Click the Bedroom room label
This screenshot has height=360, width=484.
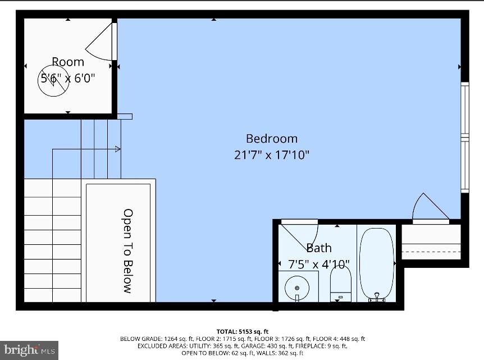click(x=272, y=139)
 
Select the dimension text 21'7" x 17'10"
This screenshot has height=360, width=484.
click(x=272, y=155)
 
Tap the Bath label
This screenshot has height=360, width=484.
click(x=318, y=248)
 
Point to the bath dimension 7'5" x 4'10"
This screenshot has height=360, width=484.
click(x=318, y=264)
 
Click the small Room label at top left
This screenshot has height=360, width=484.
click(x=68, y=62)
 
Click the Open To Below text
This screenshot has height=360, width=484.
click(x=128, y=251)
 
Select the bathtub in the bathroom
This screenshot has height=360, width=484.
click(x=377, y=264)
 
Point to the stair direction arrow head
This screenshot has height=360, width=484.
click(x=117, y=149)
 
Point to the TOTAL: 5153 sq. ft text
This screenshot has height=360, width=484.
click(x=243, y=331)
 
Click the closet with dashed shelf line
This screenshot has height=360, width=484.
click(x=431, y=244)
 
